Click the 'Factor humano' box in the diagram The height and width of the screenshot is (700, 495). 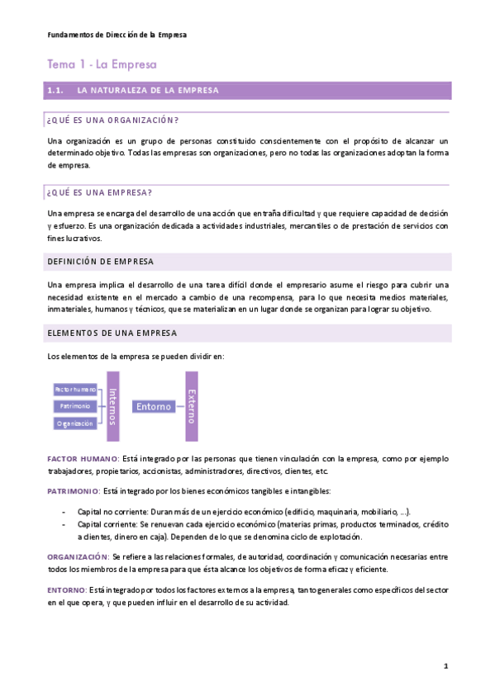click(x=74, y=389)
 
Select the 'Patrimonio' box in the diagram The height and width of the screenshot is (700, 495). click(x=74, y=406)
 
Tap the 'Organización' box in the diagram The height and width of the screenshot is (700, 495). click(x=74, y=423)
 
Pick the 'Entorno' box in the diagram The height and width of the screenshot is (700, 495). click(x=154, y=406)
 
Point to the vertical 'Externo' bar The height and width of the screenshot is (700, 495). click(x=192, y=406)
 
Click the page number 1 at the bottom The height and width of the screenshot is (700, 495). click(x=445, y=665)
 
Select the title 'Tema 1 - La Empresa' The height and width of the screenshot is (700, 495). click(x=102, y=64)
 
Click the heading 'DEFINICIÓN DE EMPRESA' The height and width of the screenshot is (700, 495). click(x=101, y=262)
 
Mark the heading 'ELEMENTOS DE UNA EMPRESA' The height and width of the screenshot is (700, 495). click(x=112, y=333)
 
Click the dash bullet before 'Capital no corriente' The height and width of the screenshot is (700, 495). click(x=64, y=512)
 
